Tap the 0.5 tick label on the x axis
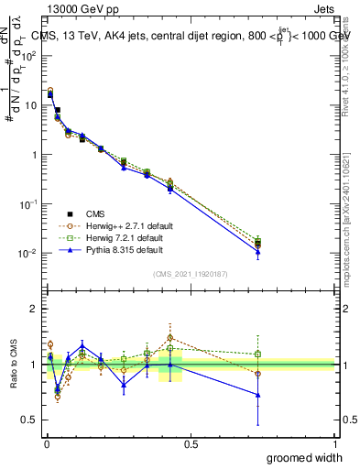[x=191, y=443]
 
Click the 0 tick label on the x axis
[x=46, y=443]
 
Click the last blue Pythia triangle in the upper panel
[x=258, y=252]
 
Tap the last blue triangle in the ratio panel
[x=258, y=395]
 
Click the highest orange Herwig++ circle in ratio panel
[x=169, y=338]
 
